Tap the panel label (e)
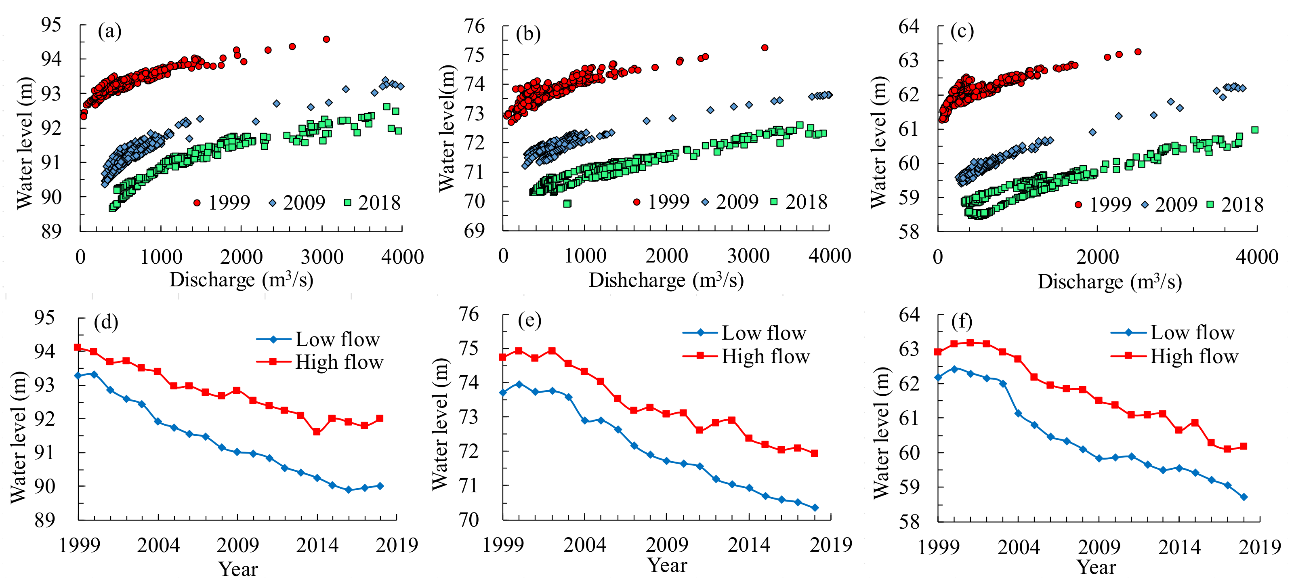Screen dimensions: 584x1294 click(x=529, y=320)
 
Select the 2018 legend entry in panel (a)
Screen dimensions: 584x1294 click(x=373, y=203)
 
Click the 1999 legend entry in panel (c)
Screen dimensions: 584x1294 click(x=1103, y=204)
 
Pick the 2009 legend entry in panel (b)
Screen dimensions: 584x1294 click(x=730, y=202)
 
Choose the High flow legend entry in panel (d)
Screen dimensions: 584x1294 click(x=320, y=361)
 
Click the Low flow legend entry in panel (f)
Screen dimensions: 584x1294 click(x=1173, y=332)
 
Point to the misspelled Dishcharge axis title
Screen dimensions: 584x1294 click(x=666, y=280)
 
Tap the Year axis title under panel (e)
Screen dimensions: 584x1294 click(x=667, y=565)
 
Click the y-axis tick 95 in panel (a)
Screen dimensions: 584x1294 click(x=51, y=25)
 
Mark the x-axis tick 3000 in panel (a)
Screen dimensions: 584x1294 click(x=322, y=257)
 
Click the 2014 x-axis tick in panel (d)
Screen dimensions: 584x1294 click(x=317, y=545)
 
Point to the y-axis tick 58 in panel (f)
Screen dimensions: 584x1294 click(x=909, y=521)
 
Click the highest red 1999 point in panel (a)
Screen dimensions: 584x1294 click(x=326, y=39)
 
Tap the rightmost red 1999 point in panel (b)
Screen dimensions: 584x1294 click(x=765, y=48)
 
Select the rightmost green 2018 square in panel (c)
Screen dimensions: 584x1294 click(x=1254, y=130)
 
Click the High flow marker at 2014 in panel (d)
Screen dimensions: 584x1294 click(x=317, y=432)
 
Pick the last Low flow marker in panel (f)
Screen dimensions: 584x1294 click(x=1244, y=497)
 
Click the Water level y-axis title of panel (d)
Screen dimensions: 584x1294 click(x=18, y=437)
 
